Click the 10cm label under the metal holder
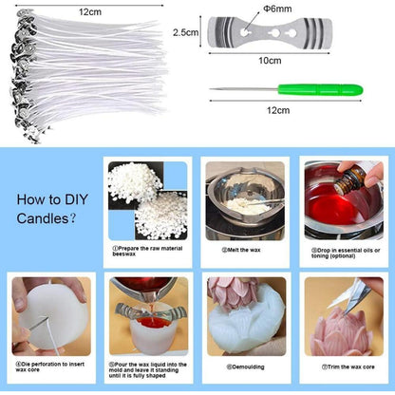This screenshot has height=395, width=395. (270, 60)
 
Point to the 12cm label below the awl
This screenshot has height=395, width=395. (278, 110)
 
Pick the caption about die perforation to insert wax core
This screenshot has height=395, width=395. (47, 366)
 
